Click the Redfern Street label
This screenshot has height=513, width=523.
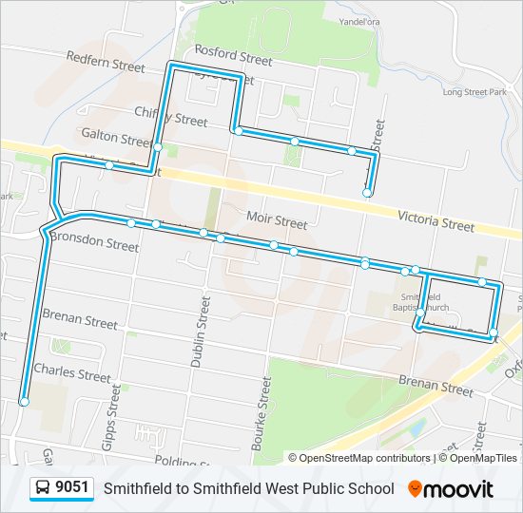[x=106, y=62]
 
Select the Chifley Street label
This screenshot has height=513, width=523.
[x=170, y=119]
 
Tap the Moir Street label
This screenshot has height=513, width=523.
[x=277, y=222]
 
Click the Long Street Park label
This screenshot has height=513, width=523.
[x=475, y=92]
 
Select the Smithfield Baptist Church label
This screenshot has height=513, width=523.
[x=422, y=301]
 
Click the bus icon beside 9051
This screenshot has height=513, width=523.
[x=44, y=488]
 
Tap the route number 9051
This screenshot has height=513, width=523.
[x=72, y=488]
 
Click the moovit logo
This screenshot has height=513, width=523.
[x=452, y=489]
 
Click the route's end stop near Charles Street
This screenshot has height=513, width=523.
[x=24, y=403]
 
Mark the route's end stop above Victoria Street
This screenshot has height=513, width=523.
[x=367, y=193]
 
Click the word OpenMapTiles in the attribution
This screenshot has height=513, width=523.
[x=484, y=458]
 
